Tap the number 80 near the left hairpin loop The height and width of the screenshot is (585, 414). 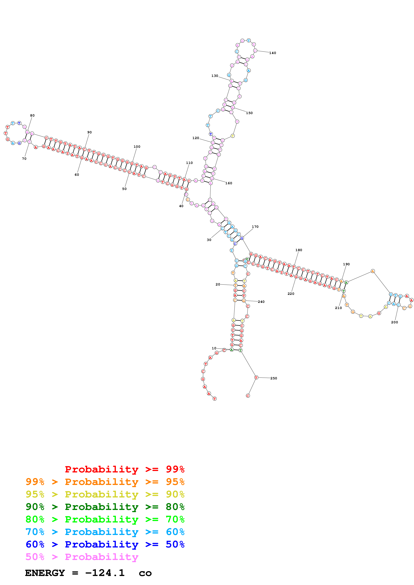[32, 115]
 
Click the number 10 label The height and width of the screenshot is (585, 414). [214, 348]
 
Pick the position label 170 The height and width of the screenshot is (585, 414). [255, 227]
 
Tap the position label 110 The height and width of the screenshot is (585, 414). [189, 163]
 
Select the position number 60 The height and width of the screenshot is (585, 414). [77, 175]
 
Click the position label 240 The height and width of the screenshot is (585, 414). [261, 302]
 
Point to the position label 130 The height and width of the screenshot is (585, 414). [215, 76]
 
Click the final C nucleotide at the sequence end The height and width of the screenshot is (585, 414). [248, 396]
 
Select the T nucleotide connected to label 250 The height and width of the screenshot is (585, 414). [256, 377]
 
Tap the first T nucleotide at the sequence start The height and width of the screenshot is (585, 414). [215, 399]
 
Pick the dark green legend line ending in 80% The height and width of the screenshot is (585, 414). [105, 507]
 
